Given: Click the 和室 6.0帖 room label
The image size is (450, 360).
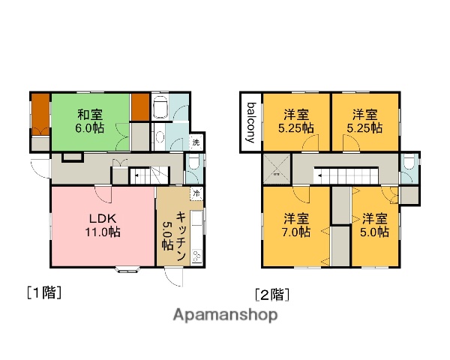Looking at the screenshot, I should pos(90,121).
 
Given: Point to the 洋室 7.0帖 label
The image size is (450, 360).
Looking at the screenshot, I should pos(295,226).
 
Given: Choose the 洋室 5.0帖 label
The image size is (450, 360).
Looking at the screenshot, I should pos(374,226).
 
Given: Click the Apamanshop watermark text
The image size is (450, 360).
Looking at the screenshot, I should pos(225,314).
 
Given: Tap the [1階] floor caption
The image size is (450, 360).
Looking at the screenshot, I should pos(43,292).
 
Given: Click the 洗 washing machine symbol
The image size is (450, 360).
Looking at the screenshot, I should pos(196,142).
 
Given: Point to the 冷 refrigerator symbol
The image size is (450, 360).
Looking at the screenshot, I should pos(196,194).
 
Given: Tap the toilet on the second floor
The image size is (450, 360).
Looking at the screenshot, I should pos(408,165).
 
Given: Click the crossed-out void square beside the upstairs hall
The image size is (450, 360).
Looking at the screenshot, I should pos(276,170).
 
